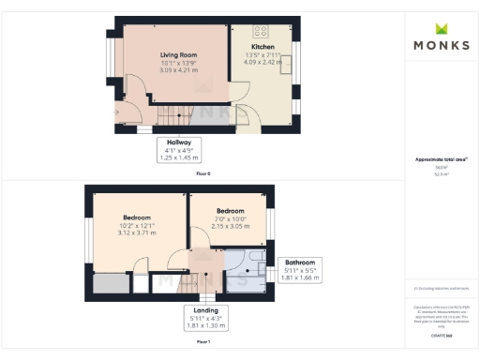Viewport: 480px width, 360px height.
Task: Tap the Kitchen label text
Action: [262, 46]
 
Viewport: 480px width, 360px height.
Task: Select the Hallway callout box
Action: [179, 151]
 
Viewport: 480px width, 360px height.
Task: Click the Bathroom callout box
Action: [300, 270]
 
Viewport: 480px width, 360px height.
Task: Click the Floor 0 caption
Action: [202, 174]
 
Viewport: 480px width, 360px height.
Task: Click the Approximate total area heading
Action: [441, 160]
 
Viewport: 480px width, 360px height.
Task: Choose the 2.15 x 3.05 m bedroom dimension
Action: [231, 227]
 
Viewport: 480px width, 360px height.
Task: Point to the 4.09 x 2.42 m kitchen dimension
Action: [262, 63]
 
